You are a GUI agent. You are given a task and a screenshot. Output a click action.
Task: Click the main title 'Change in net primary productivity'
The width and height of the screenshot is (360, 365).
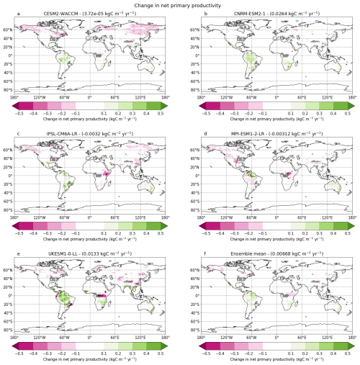coord(180,4)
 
